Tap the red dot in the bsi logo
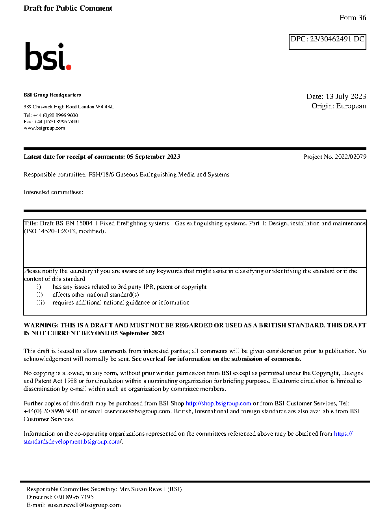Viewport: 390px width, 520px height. pos(69,67)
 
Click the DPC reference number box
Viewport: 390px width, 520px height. pos(327,42)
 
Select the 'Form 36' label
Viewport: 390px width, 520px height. pos(353,18)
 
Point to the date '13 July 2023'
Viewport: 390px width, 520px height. pos(346,97)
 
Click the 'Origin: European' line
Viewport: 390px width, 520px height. pos(338,106)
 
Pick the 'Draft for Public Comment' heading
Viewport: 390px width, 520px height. pos(68,8)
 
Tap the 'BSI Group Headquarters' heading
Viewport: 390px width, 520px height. pos(52,95)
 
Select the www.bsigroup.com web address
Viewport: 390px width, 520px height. pos(44,128)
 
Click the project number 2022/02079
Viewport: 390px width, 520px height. pos(351,157)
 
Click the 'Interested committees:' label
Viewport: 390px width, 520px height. pos(53,192)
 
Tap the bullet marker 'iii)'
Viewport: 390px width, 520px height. pos(41,303)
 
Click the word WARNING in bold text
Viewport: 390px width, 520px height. pos(41,325)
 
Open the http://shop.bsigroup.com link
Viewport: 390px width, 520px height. pos(218,403)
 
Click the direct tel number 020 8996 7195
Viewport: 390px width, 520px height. pos(74,497)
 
